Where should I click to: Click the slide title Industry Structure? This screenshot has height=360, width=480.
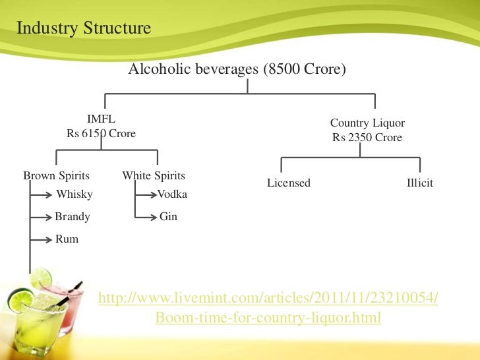83,29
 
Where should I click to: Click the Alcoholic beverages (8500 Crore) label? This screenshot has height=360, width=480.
237,69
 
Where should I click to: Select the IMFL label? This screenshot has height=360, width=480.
101,119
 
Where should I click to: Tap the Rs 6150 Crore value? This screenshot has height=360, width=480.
101,134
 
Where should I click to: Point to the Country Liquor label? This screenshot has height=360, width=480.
367,123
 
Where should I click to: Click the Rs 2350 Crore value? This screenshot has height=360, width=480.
367,138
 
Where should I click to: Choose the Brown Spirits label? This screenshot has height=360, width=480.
56,176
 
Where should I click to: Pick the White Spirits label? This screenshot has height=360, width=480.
154,176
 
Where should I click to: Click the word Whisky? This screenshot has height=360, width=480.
75,195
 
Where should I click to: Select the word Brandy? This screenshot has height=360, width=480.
73,217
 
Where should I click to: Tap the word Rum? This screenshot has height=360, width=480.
67,239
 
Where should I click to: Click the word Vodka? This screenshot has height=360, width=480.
172,195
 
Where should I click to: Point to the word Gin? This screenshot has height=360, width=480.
168,217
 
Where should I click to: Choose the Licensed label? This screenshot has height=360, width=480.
288,183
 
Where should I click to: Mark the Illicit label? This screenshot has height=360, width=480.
420,183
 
